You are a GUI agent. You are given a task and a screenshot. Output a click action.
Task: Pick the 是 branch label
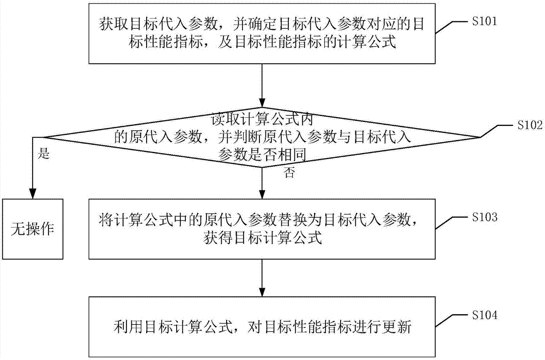point(44,154)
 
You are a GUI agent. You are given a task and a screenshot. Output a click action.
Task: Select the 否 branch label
point(289,173)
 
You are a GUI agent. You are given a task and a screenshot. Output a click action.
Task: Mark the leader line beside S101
point(453,27)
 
